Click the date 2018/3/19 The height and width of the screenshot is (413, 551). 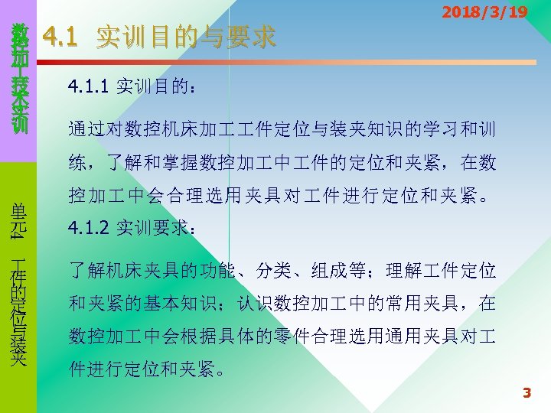point(484,12)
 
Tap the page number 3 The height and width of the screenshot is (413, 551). point(526,393)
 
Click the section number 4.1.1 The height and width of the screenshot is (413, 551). point(89,86)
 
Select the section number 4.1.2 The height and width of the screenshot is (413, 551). point(89,227)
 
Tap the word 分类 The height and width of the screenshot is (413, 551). point(273,270)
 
